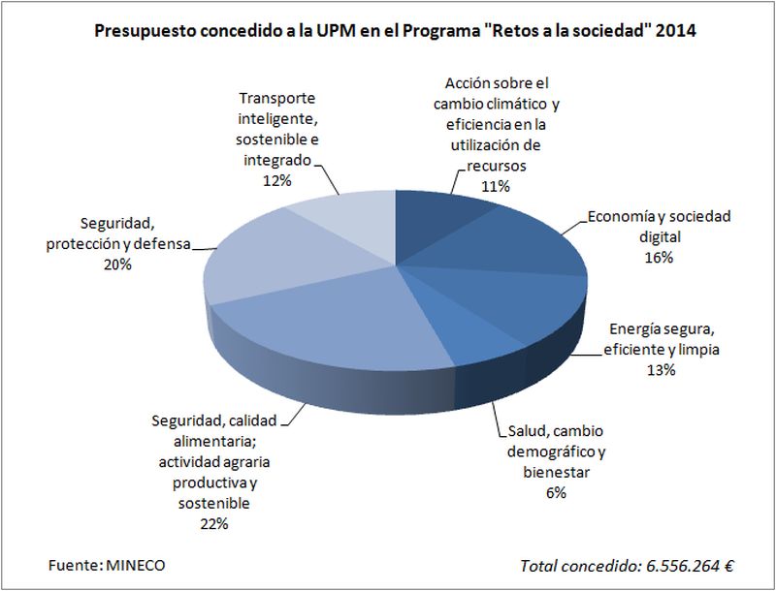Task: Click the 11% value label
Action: point(496,186)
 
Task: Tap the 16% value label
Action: point(658,258)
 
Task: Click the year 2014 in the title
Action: point(675,31)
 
